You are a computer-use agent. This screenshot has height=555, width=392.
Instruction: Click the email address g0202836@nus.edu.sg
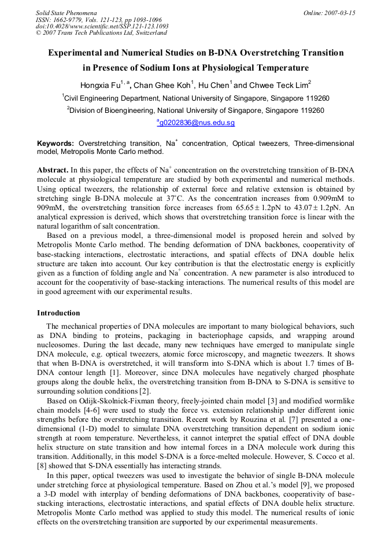[x=197, y=123]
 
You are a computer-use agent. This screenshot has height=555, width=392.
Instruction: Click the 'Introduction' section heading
[x=58, y=313]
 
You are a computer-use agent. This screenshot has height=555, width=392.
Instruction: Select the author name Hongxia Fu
[x=99, y=84]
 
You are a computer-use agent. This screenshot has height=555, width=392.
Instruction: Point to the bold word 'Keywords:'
[x=56, y=143]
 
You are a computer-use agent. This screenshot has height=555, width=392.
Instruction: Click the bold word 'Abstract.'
[x=53, y=171]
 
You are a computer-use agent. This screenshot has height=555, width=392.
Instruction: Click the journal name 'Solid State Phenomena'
[x=66, y=12]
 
